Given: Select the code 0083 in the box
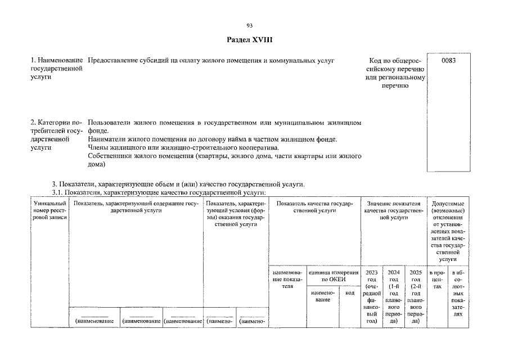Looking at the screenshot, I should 448,60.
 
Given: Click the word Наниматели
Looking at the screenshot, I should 106,139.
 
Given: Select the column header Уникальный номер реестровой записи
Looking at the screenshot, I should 49,210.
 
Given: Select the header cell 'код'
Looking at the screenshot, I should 350,292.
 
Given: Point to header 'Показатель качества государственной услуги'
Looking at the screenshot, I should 314,206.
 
